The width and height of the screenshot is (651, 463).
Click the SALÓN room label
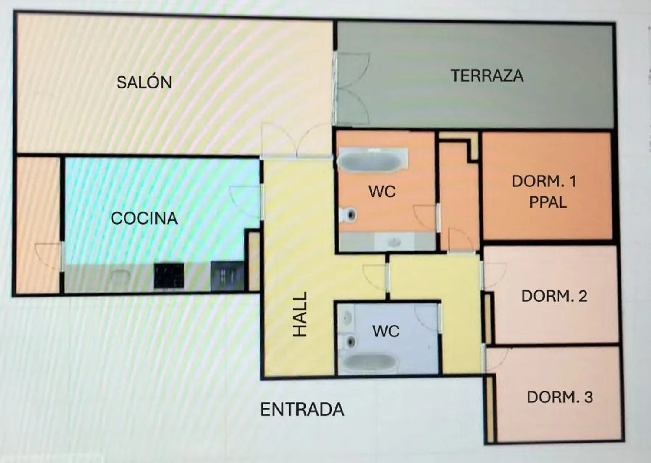(144, 82)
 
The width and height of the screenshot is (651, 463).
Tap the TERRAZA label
(487, 75)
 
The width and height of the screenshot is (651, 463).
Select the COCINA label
(144, 218)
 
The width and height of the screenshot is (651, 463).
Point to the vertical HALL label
(299, 314)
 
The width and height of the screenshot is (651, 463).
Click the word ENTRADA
(302, 410)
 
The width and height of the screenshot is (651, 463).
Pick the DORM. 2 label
(554, 297)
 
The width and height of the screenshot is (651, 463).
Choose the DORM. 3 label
(560, 397)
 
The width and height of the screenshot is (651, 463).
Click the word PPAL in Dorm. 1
(548, 202)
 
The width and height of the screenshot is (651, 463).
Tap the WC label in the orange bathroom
(382, 192)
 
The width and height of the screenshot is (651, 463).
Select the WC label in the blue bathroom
(386, 331)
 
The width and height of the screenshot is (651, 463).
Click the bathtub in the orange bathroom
(373, 161)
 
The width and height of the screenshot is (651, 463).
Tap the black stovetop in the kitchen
(168, 275)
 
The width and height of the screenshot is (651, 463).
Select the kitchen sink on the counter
(120, 277)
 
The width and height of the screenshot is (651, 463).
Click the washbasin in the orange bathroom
(394, 241)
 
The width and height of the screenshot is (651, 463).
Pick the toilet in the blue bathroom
(348, 342)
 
